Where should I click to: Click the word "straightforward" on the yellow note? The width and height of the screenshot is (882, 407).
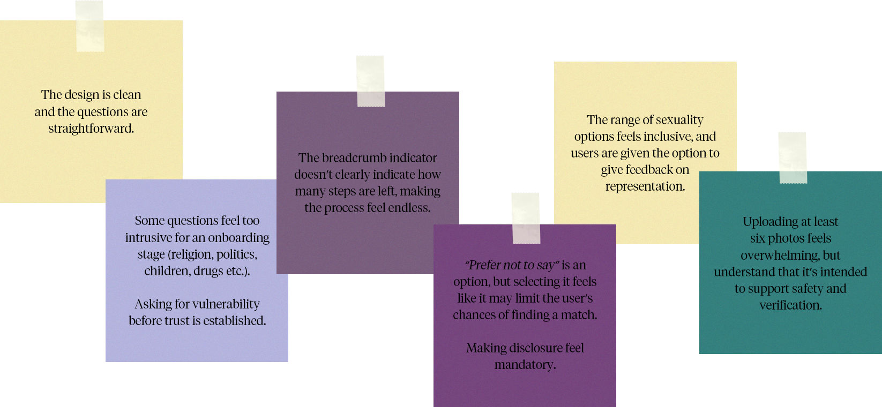click(90, 129)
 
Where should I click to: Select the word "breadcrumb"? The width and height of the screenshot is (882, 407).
click(354, 158)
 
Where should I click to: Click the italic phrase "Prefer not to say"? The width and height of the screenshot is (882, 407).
click(512, 265)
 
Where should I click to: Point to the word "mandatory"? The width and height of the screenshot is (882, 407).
click(524, 365)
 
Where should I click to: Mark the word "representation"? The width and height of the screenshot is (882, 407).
click(645, 186)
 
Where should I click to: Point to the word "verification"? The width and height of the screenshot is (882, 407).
click(790, 305)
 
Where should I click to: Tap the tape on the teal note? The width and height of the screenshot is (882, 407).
click(792, 157)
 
